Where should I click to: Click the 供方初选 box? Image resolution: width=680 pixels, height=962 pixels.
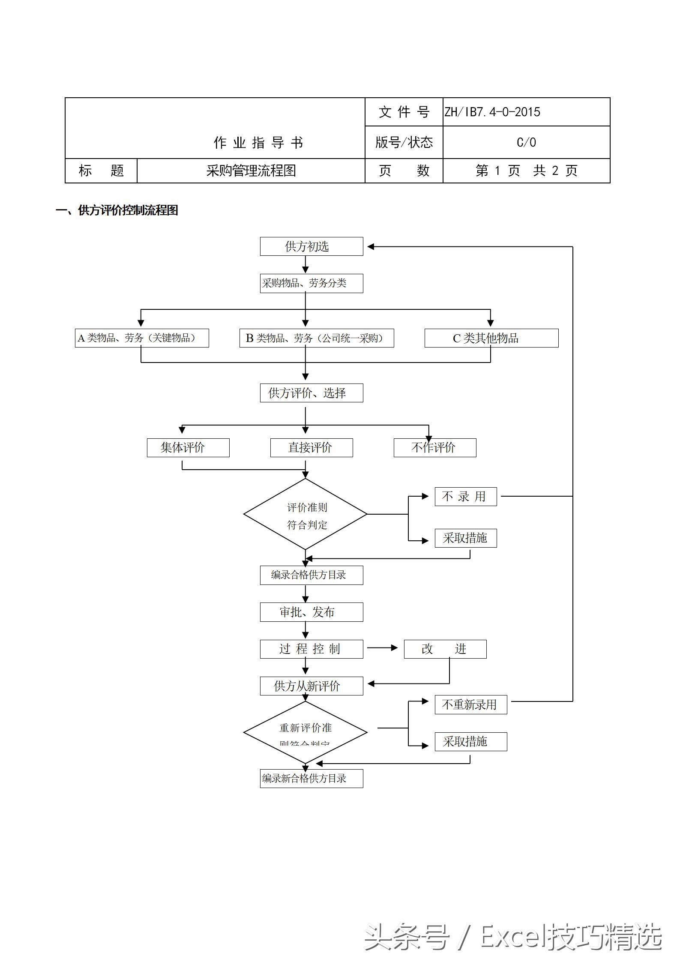tap(312, 246)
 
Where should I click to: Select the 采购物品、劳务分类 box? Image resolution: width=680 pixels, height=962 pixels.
tap(312, 283)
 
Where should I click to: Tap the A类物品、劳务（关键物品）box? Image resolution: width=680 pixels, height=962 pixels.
tap(142, 338)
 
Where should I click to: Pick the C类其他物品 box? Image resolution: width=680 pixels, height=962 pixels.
tap(491, 338)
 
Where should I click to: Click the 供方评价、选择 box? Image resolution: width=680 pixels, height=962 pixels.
tap(312, 393)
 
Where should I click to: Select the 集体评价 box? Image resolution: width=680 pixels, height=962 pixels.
tap(188, 448)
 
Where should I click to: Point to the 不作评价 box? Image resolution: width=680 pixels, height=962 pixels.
tap(435, 448)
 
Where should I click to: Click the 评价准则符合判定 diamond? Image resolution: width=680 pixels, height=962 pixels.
tap(306, 514)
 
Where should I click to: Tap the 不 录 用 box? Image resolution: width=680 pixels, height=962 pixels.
tap(466, 497)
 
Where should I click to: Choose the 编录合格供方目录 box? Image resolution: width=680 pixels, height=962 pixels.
tap(312, 575)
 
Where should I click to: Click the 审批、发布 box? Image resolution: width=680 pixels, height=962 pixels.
tap(312, 612)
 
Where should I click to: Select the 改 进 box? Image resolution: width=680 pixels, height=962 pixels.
tap(445, 649)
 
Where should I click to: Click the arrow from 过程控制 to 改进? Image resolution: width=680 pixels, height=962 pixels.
tap(383, 648)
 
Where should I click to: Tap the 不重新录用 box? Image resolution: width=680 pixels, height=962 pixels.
tap(471, 704)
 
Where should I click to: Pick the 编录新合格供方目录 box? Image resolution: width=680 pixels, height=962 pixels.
tap(312, 778)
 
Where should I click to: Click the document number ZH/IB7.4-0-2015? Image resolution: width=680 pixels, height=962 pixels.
tap(492, 112)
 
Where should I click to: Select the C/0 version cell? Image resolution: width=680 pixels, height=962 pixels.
tap(526, 142)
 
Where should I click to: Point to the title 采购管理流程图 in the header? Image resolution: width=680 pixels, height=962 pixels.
tap(251, 171)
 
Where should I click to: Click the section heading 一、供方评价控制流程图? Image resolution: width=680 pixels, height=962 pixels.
tap(117, 210)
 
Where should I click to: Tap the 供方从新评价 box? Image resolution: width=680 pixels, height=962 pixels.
tap(312, 686)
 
